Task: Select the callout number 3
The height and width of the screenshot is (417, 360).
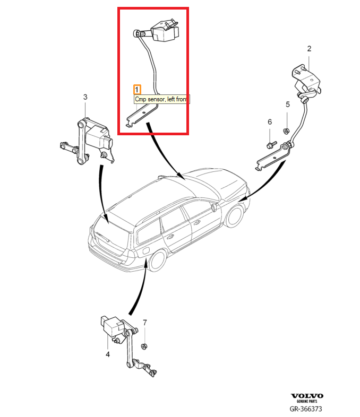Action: tap(85, 97)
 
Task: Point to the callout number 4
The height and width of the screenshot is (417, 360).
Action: tap(108, 354)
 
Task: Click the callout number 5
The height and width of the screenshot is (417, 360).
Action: tap(287, 104)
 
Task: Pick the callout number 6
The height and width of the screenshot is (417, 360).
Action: tap(269, 122)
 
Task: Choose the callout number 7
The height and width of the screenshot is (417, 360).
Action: tap(145, 322)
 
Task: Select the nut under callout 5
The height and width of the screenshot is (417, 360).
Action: tap(286, 131)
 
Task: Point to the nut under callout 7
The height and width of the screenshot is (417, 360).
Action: tap(143, 346)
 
